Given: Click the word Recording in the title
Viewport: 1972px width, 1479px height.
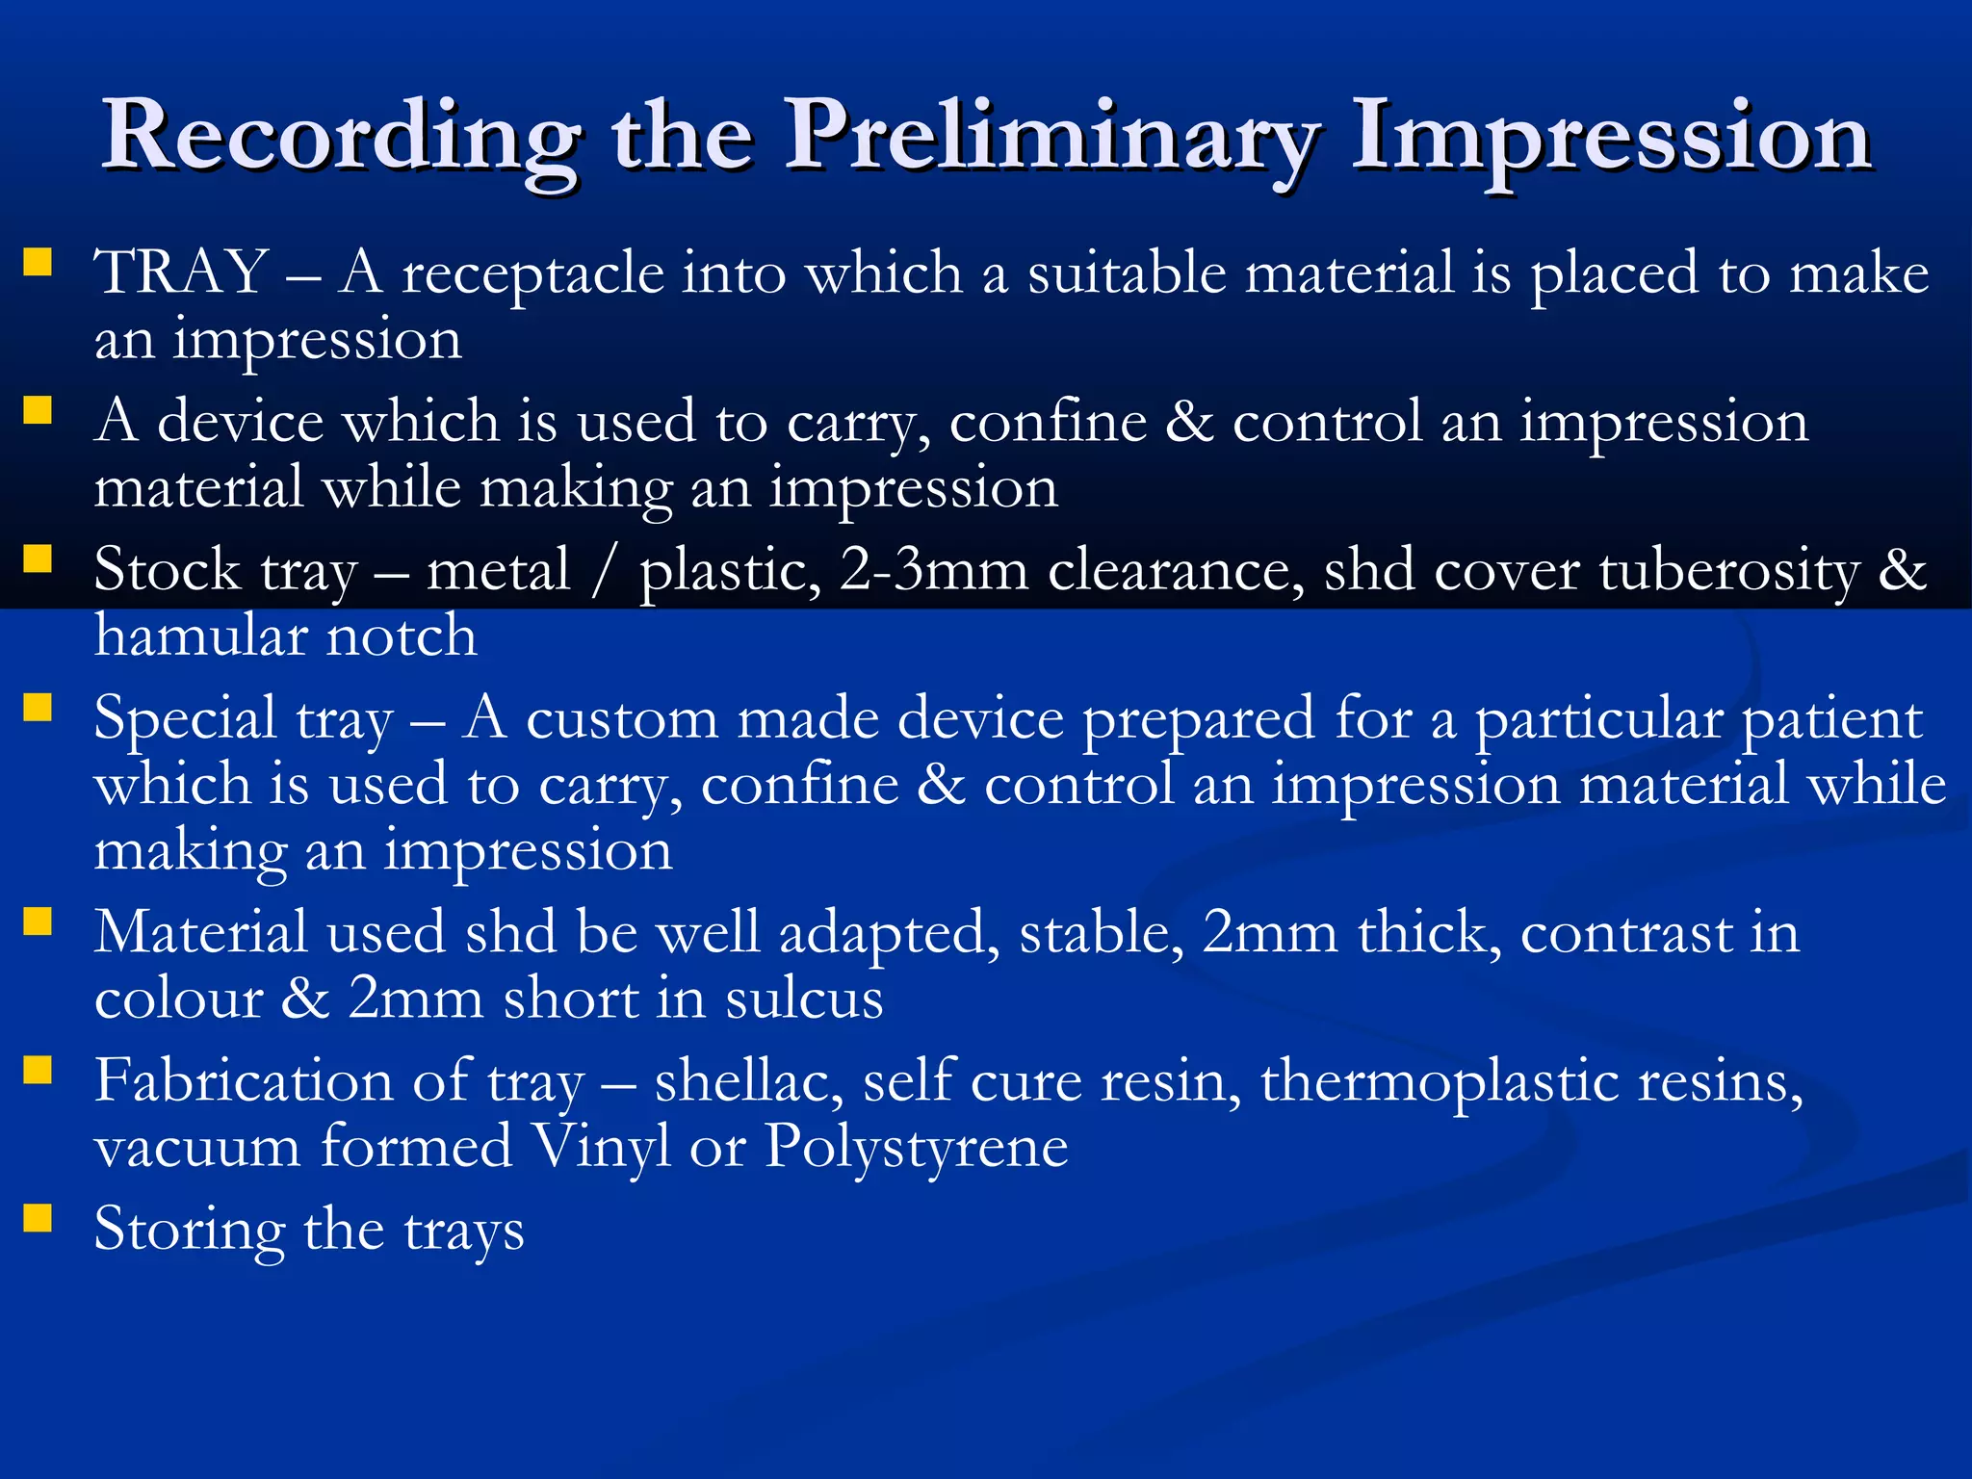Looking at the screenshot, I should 342,138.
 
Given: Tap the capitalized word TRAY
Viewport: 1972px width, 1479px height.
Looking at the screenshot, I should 181,272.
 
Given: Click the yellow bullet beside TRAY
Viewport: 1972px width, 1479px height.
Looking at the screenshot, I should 38,263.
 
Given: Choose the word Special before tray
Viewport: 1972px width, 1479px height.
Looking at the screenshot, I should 185,720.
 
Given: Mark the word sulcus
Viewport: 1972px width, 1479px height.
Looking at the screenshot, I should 804,999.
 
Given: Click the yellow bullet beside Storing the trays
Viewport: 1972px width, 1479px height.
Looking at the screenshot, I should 38,1218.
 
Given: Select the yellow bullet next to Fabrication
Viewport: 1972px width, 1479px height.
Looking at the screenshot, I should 38,1070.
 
